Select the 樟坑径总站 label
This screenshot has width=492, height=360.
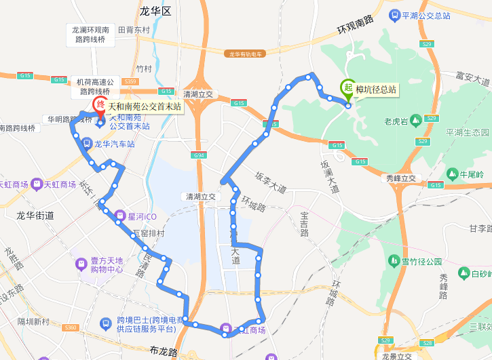(x=376, y=89)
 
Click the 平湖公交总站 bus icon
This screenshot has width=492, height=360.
(x=394, y=15)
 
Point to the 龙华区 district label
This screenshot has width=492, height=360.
(x=156, y=12)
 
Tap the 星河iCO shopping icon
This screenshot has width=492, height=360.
(x=119, y=217)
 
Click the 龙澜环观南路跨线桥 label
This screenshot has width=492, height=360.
(x=91, y=35)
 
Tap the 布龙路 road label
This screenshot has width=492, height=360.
(x=164, y=352)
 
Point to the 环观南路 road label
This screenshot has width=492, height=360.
(x=356, y=26)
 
